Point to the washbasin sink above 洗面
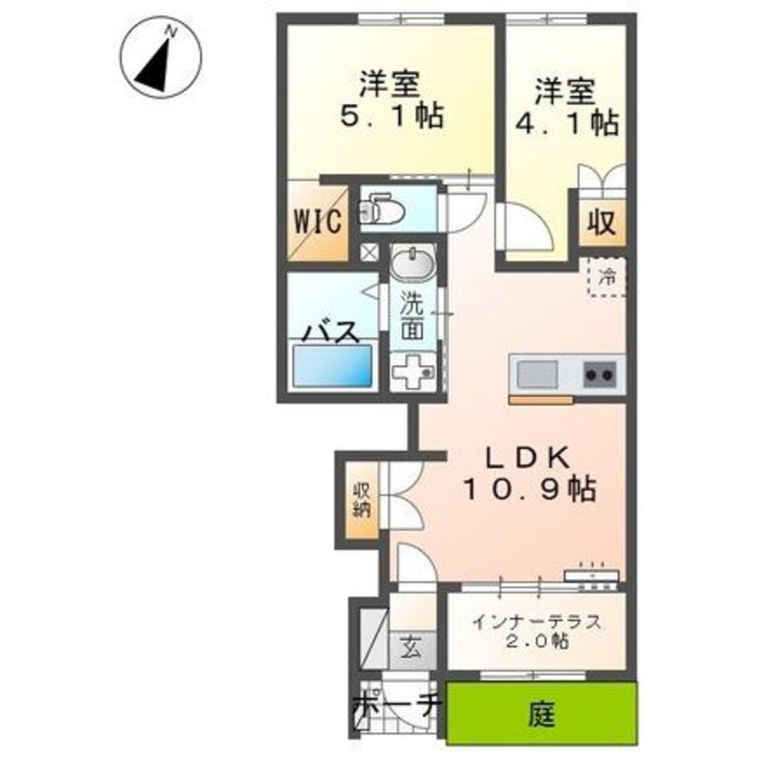(x=413, y=266)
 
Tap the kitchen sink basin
(x=535, y=371)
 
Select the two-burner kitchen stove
(x=601, y=371)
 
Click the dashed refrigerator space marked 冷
(x=607, y=276)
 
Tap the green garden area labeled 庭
(x=542, y=714)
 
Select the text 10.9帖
(x=530, y=489)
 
